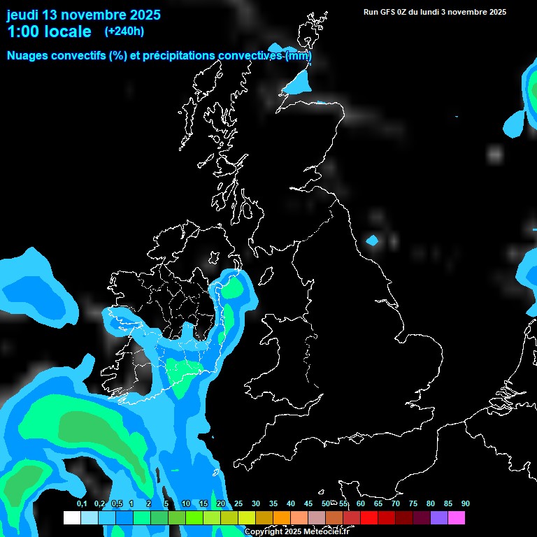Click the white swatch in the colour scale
coord(72,517)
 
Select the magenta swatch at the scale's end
coord(457,517)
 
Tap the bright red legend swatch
coord(369,517)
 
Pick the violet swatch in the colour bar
coord(439,517)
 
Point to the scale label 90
coord(466,503)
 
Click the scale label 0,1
coord(82,503)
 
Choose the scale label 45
coord(308,503)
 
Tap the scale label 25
coord(238,503)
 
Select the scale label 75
coord(413,503)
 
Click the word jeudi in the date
coord(22,15)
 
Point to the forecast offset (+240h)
coord(124,31)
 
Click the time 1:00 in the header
coord(24,31)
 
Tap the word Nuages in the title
coord(29,56)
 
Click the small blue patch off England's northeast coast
coord(372,241)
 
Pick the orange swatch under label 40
coord(282,517)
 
